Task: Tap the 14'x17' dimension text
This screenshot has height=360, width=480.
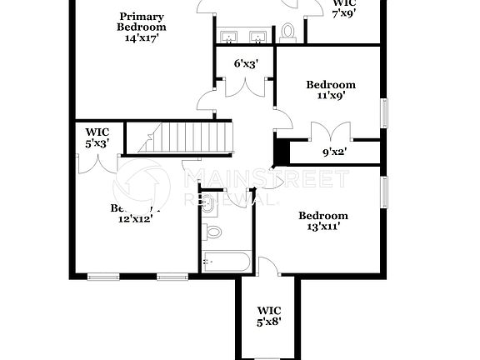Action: pos(141,37)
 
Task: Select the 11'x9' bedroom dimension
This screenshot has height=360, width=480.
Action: pos(331,96)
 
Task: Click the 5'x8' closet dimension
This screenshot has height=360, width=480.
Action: pos(268,322)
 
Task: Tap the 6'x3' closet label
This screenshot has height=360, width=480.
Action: pos(245,63)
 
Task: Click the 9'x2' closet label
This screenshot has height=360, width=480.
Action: pos(335,152)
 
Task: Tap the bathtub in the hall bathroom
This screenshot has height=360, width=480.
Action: pos(225,262)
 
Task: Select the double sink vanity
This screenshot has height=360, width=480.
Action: pos(243,36)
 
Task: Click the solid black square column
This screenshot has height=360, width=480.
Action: pos(281,153)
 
